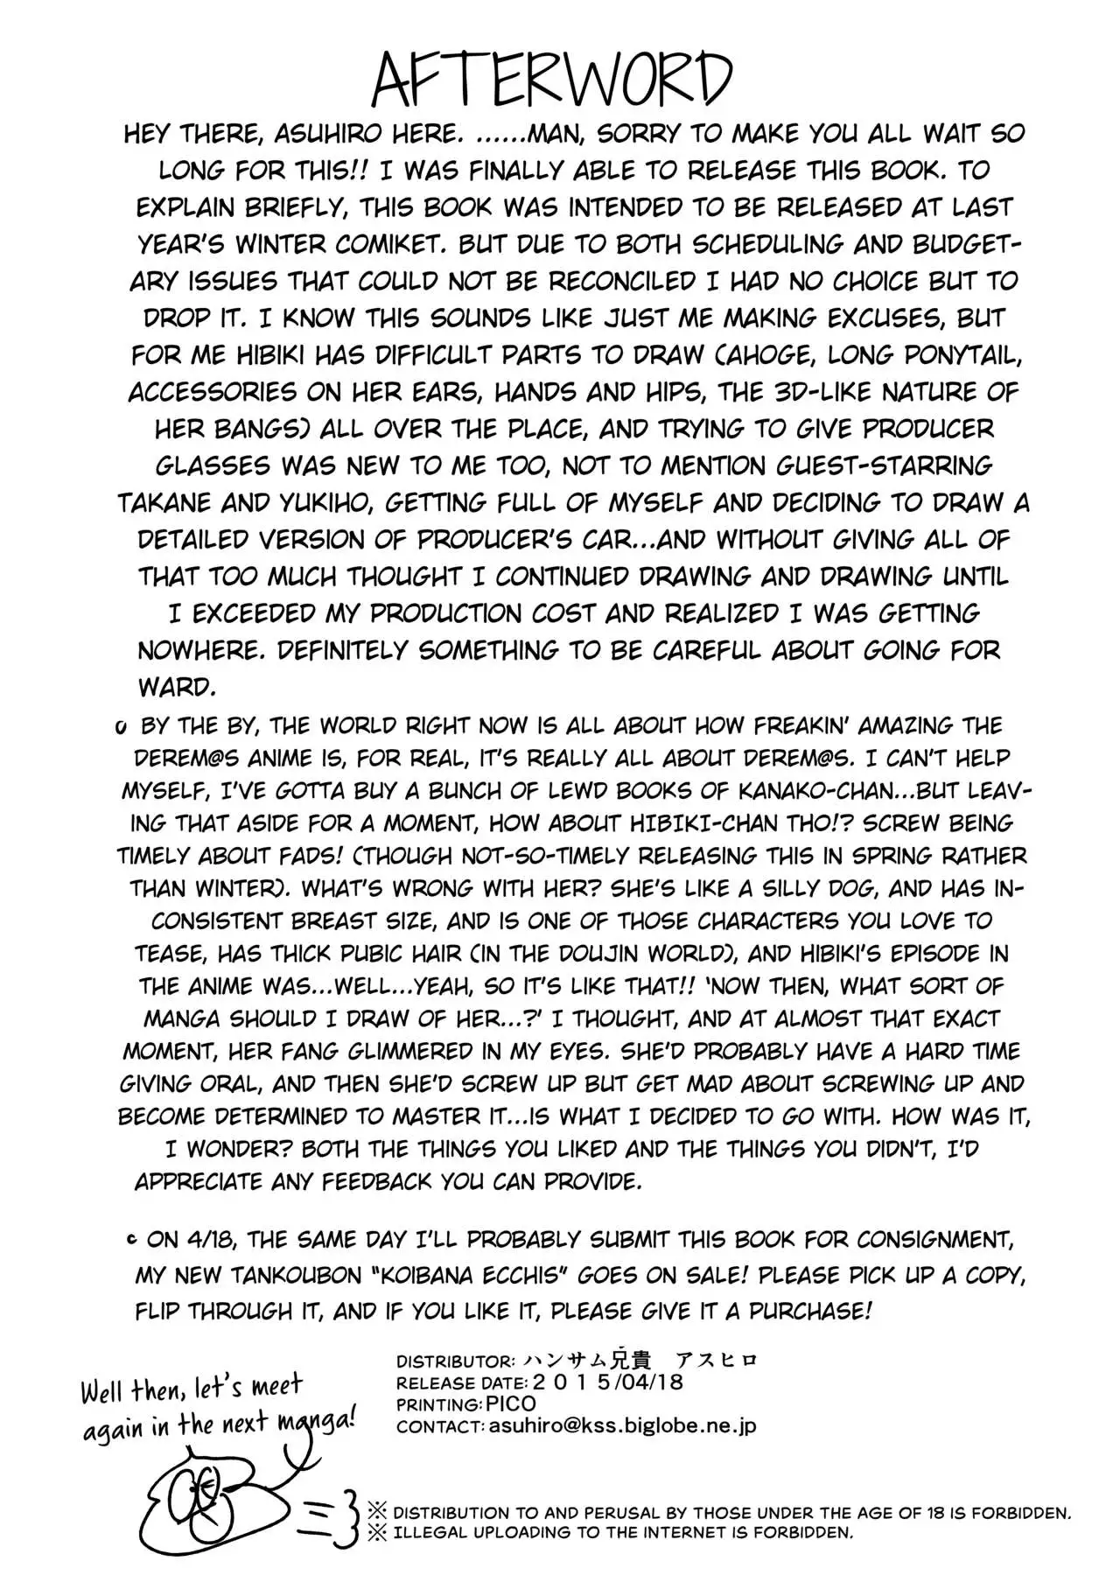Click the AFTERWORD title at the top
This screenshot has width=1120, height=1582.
pyautogui.click(x=551, y=80)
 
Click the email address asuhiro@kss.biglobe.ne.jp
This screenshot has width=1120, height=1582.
pyautogui.click(x=620, y=1426)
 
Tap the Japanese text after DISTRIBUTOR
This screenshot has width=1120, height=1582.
pyautogui.click(x=640, y=1361)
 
